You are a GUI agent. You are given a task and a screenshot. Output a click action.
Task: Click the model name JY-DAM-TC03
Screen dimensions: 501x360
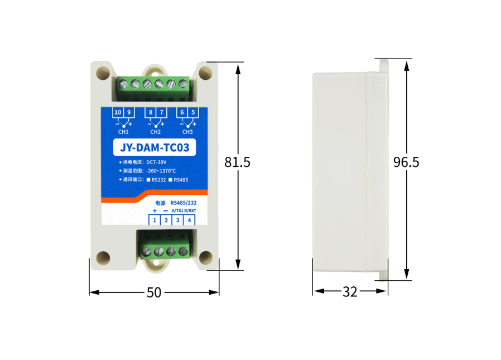click(x=155, y=147)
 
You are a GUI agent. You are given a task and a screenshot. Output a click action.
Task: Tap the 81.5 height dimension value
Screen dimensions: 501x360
click(x=238, y=162)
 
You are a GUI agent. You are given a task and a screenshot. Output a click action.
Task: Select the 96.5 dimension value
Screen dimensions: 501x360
click(x=406, y=162)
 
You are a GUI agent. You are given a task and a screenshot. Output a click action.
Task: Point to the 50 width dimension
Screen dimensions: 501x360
click(x=154, y=292)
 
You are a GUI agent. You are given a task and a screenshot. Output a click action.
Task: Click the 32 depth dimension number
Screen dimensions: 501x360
click(x=350, y=292)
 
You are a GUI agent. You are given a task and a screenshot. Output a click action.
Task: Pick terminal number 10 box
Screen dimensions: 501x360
click(x=118, y=112)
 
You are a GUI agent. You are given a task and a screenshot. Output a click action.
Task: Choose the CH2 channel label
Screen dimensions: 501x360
click(x=155, y=132)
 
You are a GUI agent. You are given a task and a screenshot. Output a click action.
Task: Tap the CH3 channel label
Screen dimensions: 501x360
click(x=187, y=132)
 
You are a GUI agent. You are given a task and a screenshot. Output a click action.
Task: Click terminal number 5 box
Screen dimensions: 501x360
click(x=193, y=112)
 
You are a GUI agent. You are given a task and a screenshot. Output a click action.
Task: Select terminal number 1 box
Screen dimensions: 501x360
click(x=155, y=220)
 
